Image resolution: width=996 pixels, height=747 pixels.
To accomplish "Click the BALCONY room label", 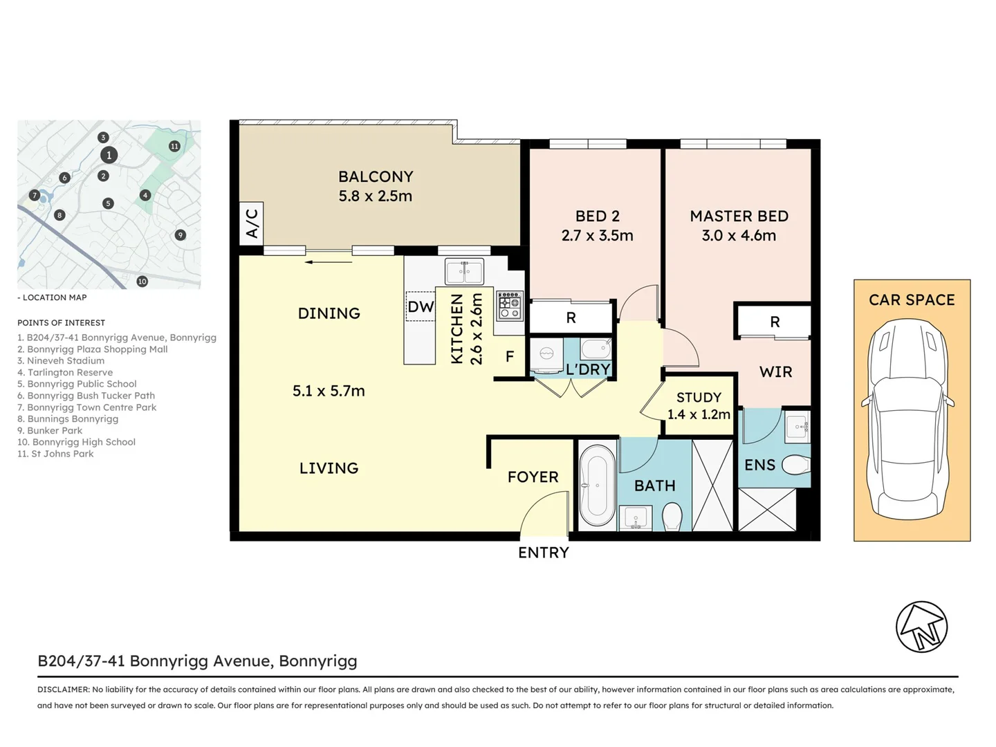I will (376, 177).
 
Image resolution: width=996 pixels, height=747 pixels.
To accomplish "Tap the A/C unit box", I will (252, 223).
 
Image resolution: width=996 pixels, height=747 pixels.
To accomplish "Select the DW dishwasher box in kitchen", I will (421, 307).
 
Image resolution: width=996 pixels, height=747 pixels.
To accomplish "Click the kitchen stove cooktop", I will (510, 306).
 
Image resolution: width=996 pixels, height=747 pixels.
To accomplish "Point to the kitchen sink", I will (464, 272).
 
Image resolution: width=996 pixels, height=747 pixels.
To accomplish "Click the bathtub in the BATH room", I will (596, 485).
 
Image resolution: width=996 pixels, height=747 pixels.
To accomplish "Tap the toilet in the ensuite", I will (796, 465).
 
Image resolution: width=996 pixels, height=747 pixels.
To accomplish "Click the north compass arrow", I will (921, 627).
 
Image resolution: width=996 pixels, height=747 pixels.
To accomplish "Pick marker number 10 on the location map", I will (142, 282).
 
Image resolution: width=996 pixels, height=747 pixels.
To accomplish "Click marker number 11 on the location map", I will (174, 146).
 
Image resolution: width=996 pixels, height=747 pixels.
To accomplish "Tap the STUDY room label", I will (699, 398).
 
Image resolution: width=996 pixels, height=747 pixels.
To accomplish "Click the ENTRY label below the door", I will (544, 553).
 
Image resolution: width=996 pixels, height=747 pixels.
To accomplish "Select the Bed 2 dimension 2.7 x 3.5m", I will (597, 236).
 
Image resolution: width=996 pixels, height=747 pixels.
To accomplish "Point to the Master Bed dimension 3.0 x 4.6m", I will (739, 236).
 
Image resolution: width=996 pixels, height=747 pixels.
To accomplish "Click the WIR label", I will (775, 372).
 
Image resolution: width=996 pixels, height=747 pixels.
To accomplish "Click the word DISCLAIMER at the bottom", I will (63, 690).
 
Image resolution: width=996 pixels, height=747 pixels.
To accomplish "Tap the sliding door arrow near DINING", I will (328, 262).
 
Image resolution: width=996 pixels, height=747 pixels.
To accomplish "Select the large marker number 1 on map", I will (109, 155).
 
